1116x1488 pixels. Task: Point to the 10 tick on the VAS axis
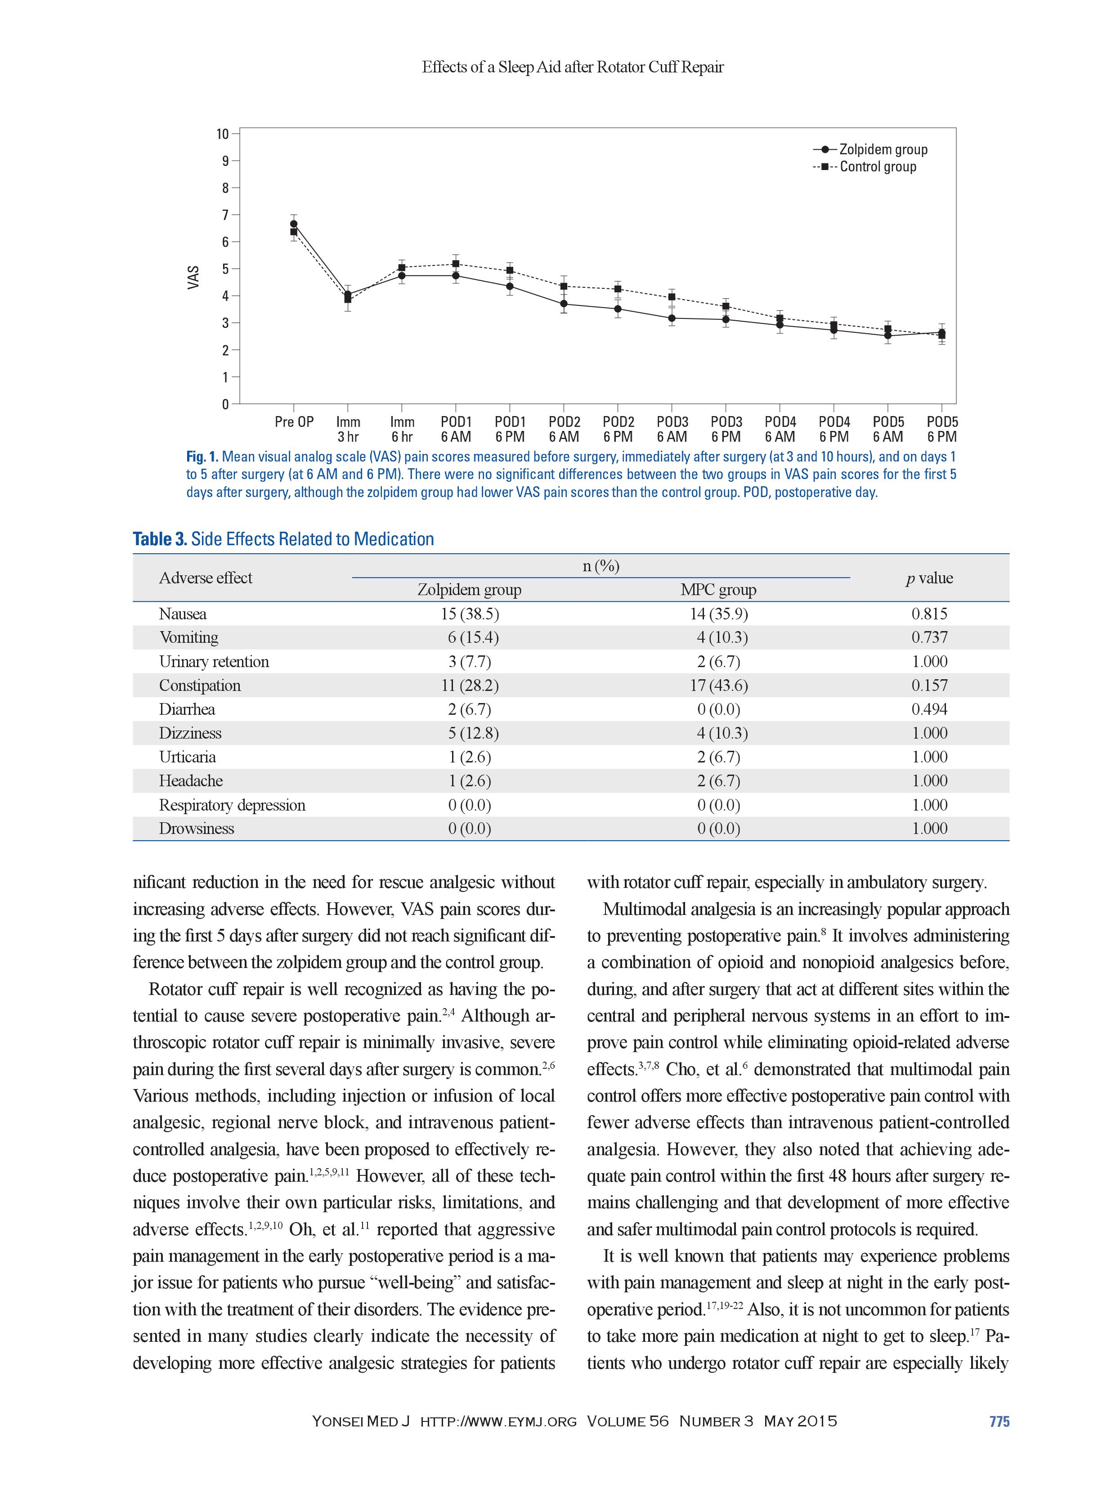223,134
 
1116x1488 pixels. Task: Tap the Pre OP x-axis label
294,422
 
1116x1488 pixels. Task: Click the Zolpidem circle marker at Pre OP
294,224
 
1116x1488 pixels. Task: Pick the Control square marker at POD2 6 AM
564,287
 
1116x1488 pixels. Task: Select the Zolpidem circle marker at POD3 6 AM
671,318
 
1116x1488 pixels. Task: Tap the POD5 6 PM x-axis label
942,429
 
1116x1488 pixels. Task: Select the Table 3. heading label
160,539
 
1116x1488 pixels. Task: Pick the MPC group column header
718,590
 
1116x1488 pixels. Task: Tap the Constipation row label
200,686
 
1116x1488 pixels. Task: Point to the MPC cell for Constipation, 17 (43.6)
718,686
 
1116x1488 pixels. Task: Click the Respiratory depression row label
232,805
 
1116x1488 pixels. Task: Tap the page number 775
999,1421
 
